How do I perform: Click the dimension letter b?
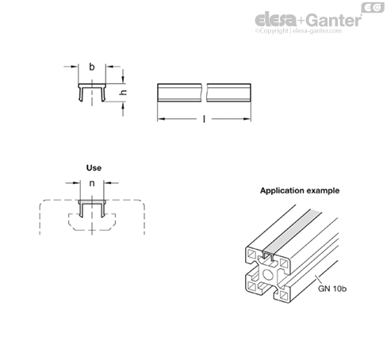[x=91, y=67]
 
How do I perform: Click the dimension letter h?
[x=123, y=93]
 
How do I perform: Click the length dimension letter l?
[x=204, y=119]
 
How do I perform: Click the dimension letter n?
[x=92, y=183]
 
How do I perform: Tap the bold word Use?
[x=94, y=168]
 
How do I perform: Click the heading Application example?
[x=300, y=191]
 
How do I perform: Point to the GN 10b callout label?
[x=332, y=289]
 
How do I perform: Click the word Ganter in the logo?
[x=335, y=21]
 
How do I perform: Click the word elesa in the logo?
[x=275, y=20]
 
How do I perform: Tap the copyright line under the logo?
[x=298, y=31]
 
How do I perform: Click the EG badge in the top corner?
[x=373, y=7]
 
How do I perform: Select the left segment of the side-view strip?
[x=179, y=92]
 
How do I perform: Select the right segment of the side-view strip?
[x=229, y=92]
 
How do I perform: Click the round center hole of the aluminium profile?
[x=268, y=275]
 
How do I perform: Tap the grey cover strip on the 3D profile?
[x=293, y=230]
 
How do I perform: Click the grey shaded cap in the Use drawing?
[x=92, y=202]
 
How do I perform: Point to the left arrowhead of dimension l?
[x=161, y=119]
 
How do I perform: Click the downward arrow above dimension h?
[x=123, y=76]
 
